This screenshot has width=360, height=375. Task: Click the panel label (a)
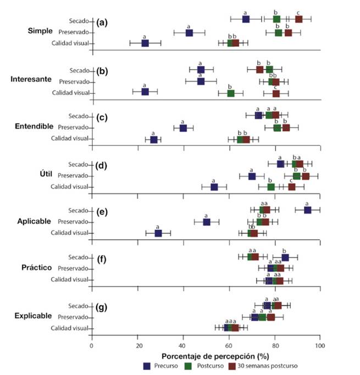(x=102, y=23)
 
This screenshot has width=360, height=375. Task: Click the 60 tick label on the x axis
(x=229, y=346)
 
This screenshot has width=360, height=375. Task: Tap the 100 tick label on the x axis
(x=320, y=346)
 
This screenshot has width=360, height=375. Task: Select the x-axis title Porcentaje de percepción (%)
(x=206, y=356)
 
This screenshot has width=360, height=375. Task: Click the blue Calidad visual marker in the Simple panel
(x=145, y=43)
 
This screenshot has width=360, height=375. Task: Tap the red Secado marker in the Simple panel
(x=298, y=19)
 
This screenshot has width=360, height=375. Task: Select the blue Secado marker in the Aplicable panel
(x=307, y=209)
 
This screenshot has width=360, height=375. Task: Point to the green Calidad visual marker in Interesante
(x=231, y=93)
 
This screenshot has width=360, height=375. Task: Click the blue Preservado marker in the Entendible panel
(x=183, y=128)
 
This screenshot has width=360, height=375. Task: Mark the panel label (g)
(x=102, y=304)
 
